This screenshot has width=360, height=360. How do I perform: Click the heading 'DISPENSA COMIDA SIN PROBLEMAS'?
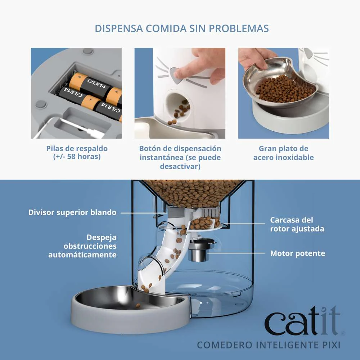pyautogui.click(x=182, y=29)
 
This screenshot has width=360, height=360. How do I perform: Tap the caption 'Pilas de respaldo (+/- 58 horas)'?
pyautogui.click(x=77, y=153)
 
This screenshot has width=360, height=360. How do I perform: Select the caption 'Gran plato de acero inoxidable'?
pyautogui.click(x=283, y=153)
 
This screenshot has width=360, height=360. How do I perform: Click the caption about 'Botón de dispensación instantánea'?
pyautogui.click(x=180, y=157)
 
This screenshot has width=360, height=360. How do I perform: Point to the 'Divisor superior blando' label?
pyautogui.click(x=72, y=212)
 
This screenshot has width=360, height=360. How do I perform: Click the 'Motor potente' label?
pyautogui.click(x=297, y=253)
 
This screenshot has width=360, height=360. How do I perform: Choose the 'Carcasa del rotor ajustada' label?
pyautogui.click(x=297, y=224)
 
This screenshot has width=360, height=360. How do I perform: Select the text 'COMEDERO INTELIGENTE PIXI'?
pyautogui.click(x=268, y=345)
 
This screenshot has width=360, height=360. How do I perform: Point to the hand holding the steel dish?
pyautogui.click(x=256, y=58)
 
